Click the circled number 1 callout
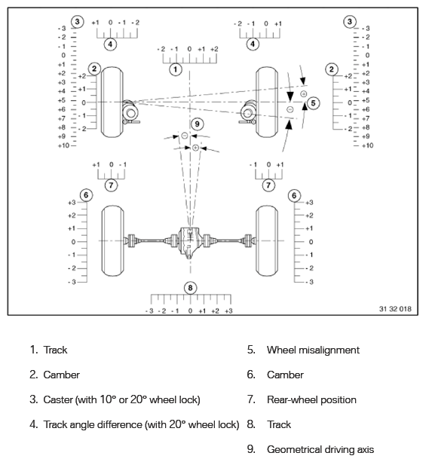[x=176, y=69]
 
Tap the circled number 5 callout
[x=313, y=103]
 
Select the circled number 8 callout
[x=190, y=288]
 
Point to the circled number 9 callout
[x=198, y=124]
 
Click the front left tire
[x=112, y=102]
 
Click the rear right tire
[x=267, y=240]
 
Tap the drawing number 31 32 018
[x=395, y=309]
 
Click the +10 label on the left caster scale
[x=63, y=145]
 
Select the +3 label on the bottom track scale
[x=228, y=311]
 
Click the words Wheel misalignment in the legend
[x=313, y=350]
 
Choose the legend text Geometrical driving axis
[x=320, y=450]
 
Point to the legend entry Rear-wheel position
[x=311, y=400]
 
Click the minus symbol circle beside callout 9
[x=185, y=136]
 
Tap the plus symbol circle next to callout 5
[x=303, y=94]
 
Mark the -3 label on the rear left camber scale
[x=72, y=282]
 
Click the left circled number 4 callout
[x=110, y=44]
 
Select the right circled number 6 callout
[x=294, y=195]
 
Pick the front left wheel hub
[x=130, y=113]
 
